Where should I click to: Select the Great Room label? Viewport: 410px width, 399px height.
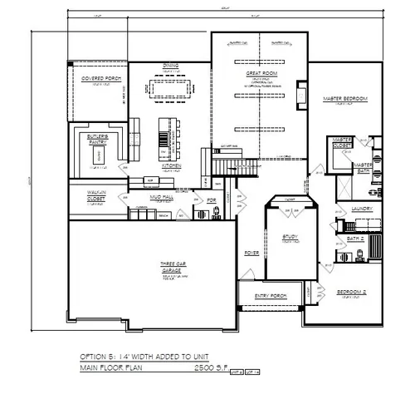pyautogui.click(x=261, y=74)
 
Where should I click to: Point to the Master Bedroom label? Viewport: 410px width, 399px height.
pyautogui.click(x=344, y=99)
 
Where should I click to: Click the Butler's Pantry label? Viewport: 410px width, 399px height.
pyautogui.click(x=99, y=135)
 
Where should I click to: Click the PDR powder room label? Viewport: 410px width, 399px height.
pyautogui.click(x=212, y=200)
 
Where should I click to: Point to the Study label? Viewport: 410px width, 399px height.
pyautogui.click(x=290, y=239)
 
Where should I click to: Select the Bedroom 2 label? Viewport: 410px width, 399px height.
pyautogui.click(x=352, y=292)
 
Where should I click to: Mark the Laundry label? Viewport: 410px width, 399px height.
pyautogui.click(x=360, y=209)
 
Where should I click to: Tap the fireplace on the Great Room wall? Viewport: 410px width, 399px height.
pyautogui.click(x=302, y=100)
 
